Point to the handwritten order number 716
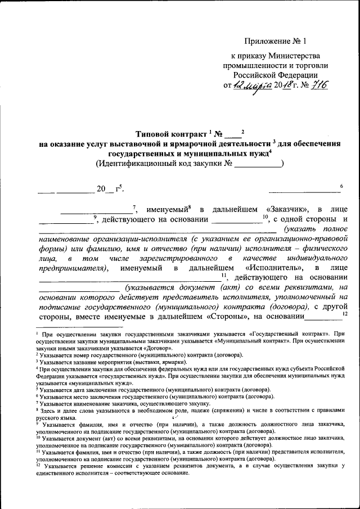pos(316,85)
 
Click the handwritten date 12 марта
pos(254,85)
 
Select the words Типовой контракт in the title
pos(172,134)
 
